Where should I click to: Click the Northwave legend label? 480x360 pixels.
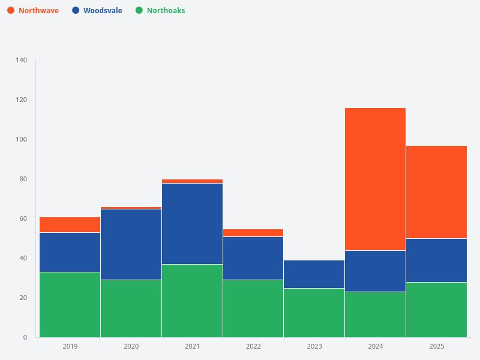click(x=38, y=10)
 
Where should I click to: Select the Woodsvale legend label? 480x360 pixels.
click(x=103, y=10)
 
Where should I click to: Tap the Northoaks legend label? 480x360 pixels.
click(x=166, y=10)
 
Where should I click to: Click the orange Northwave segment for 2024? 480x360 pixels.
click(x=375, y=179)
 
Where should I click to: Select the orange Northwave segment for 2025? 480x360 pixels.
click(x=436, y=192)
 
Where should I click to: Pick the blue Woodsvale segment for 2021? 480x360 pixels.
click(x=192, y=224)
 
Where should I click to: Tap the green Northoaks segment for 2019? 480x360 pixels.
click(x=70, y=304)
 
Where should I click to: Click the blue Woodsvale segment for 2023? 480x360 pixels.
click(x=314, y=274)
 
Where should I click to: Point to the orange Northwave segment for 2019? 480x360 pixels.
click(x=70, y=224)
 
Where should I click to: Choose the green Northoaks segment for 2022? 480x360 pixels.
click(x=253, y=308)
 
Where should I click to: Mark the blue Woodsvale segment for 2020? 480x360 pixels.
click(x=131, y=244)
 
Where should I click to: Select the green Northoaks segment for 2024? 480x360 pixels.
click(x=375, y=314)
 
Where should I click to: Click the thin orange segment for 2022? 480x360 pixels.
click(x=253, y=233)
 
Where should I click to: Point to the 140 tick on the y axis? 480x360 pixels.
click(x=22, y=60)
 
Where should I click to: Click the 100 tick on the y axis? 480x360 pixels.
click(x=22, y=139)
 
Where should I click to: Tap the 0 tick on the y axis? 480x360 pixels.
click(x=25, y=337)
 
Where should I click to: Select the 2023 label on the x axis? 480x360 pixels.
click(x=314, y=346)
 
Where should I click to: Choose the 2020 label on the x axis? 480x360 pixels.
click(x=131, y=346)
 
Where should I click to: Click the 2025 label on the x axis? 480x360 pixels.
click(x=436, y=346)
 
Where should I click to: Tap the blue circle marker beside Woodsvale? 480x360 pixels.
click(x=76, y=10)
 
